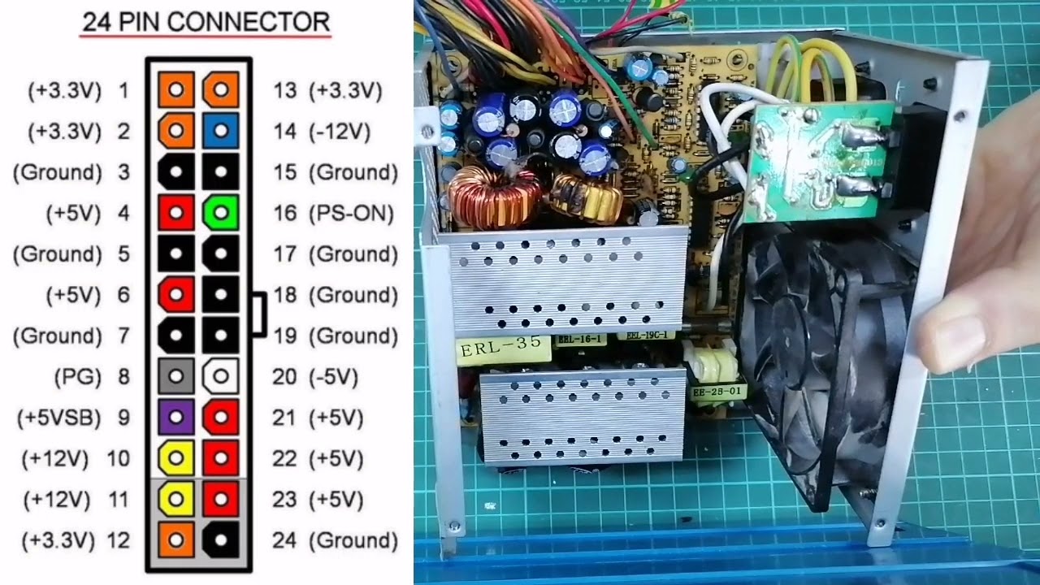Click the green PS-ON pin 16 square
pyautogui.click(x=220, y=213)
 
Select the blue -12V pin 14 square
pyautogui.click(x=220, y=131)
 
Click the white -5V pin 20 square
pyautogui.click(x=220, y=376)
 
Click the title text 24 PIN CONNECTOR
pyautogui.click(x=206, y=21)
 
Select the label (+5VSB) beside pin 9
pyautogui.click(x=58, y=418)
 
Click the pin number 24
pyautogui.click(x=284, y=540)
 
